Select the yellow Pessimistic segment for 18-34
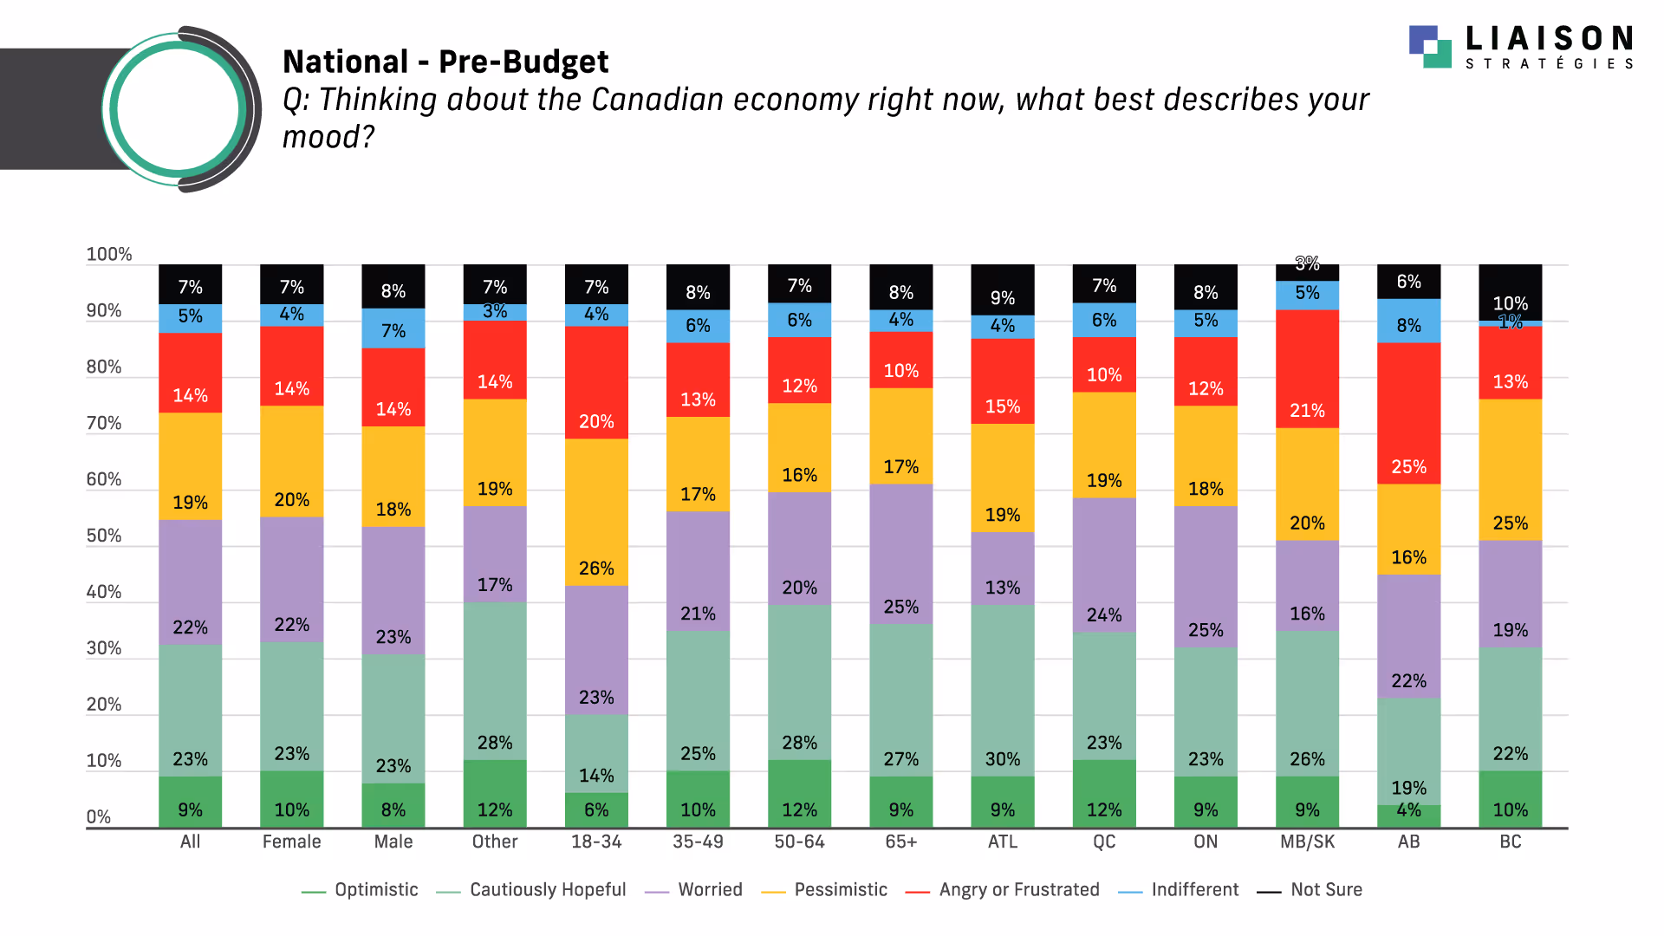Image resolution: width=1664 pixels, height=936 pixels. [596, 511]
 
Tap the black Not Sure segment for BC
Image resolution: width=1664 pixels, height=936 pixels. [1510, 291]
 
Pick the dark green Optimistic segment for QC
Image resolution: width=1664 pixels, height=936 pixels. [1104, 794]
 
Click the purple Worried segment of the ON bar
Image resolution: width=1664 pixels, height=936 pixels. [1206, 576]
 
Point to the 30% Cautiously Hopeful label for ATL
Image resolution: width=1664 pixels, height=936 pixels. [1003, 759]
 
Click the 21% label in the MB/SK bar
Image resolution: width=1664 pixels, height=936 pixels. [1307, 411]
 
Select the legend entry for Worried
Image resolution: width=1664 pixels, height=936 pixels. [710, 890]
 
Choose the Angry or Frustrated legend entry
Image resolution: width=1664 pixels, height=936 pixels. [1018, 890]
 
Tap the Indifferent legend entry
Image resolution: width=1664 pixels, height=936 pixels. [1194, 890]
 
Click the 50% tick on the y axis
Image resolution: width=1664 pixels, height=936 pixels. [104, 536]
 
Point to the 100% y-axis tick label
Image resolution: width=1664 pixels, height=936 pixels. [109, 255]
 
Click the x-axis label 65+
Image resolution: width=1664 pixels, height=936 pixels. [900, 842]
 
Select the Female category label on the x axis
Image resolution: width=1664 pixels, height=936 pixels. [291, 842]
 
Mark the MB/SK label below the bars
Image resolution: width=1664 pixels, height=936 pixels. [1307, 842]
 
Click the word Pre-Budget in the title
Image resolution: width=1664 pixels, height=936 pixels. [523, 62]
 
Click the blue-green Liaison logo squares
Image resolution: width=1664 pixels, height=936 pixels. [1430, 47]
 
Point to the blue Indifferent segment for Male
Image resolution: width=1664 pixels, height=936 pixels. [393, 328]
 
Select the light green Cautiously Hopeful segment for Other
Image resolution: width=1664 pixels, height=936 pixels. [495, 681]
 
